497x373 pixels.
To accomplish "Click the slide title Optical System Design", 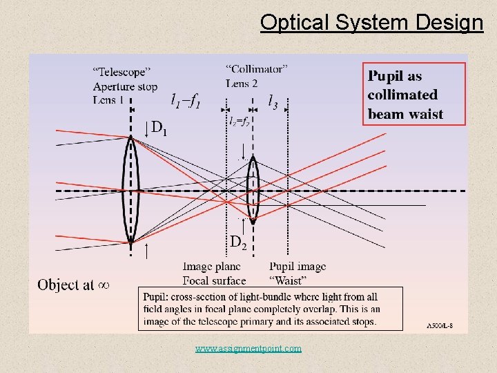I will (371, 22).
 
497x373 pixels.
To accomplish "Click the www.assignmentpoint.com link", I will (248, 349).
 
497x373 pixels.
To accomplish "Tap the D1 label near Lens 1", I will (159, 128).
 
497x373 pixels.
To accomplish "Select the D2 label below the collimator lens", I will (238, 241).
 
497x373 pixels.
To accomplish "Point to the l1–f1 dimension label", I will (186, 102).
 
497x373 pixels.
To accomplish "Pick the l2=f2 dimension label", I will (239, 119).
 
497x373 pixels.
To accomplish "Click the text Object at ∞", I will (73, 285).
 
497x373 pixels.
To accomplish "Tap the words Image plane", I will (211, 267).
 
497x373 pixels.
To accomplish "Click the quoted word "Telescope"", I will (121, 71).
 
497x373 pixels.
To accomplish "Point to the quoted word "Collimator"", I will (256, 68).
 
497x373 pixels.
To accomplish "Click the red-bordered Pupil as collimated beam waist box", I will (414, 94).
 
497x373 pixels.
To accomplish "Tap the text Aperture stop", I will (125, 86).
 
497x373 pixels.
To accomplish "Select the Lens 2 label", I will (242, 83).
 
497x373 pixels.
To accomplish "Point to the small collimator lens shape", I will (253, 188).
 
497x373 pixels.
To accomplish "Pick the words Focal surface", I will (214, 280).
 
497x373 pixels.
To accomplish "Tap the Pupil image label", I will (298, 267).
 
